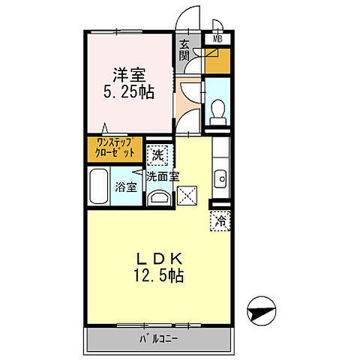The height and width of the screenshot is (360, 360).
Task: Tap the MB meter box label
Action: coord(218,38)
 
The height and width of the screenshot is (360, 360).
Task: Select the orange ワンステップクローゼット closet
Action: coord(112,147)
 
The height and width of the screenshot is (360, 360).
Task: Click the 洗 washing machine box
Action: coord(157,156)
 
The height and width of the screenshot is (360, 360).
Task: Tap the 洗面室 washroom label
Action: coord(162,177)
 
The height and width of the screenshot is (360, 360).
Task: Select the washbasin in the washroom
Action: coord(157,197)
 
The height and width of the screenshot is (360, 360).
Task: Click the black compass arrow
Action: coord(262,307)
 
